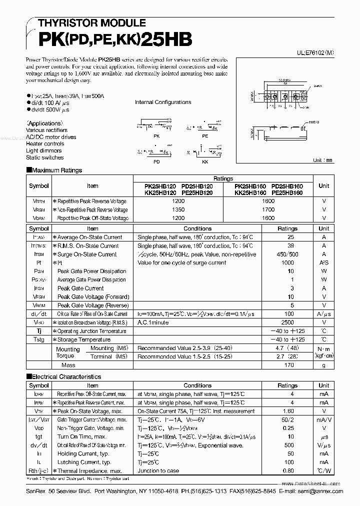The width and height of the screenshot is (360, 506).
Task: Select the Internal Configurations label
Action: pyautogui.click(x=163, y=102)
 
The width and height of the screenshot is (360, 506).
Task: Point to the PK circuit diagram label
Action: pyautogui.click(x=156, y=135)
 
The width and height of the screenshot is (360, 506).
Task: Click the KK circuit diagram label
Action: pyautogui.click(x=205, y=162)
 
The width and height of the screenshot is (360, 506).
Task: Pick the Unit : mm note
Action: pyautogui.click(x=322, y=160)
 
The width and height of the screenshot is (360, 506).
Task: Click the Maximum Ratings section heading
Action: pyautogui.click(x=56, y=170)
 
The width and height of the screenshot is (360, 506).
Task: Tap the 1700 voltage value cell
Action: pyautogui.click(x=268, y=209)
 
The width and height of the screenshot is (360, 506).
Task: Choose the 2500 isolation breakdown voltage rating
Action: pyautogui.click(x=287, y=322)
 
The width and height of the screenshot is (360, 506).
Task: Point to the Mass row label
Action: pyautogui.click(x=68, y=365)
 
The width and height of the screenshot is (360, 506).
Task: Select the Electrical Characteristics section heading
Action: pyautogui.click(x=66, y=376)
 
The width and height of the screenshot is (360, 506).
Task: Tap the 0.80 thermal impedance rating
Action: pyautogui.click(x=287, y=470)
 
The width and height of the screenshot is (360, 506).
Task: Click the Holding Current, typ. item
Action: pyautogui.click(x=83, y=453)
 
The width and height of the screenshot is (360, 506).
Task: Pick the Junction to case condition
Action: pyautogui.click(x=159, y=470)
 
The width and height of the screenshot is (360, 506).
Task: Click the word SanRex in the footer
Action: pyautogui.click(x=36, y=491)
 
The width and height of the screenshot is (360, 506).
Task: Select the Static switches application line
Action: pyautogui.click(x=45, y=157)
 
